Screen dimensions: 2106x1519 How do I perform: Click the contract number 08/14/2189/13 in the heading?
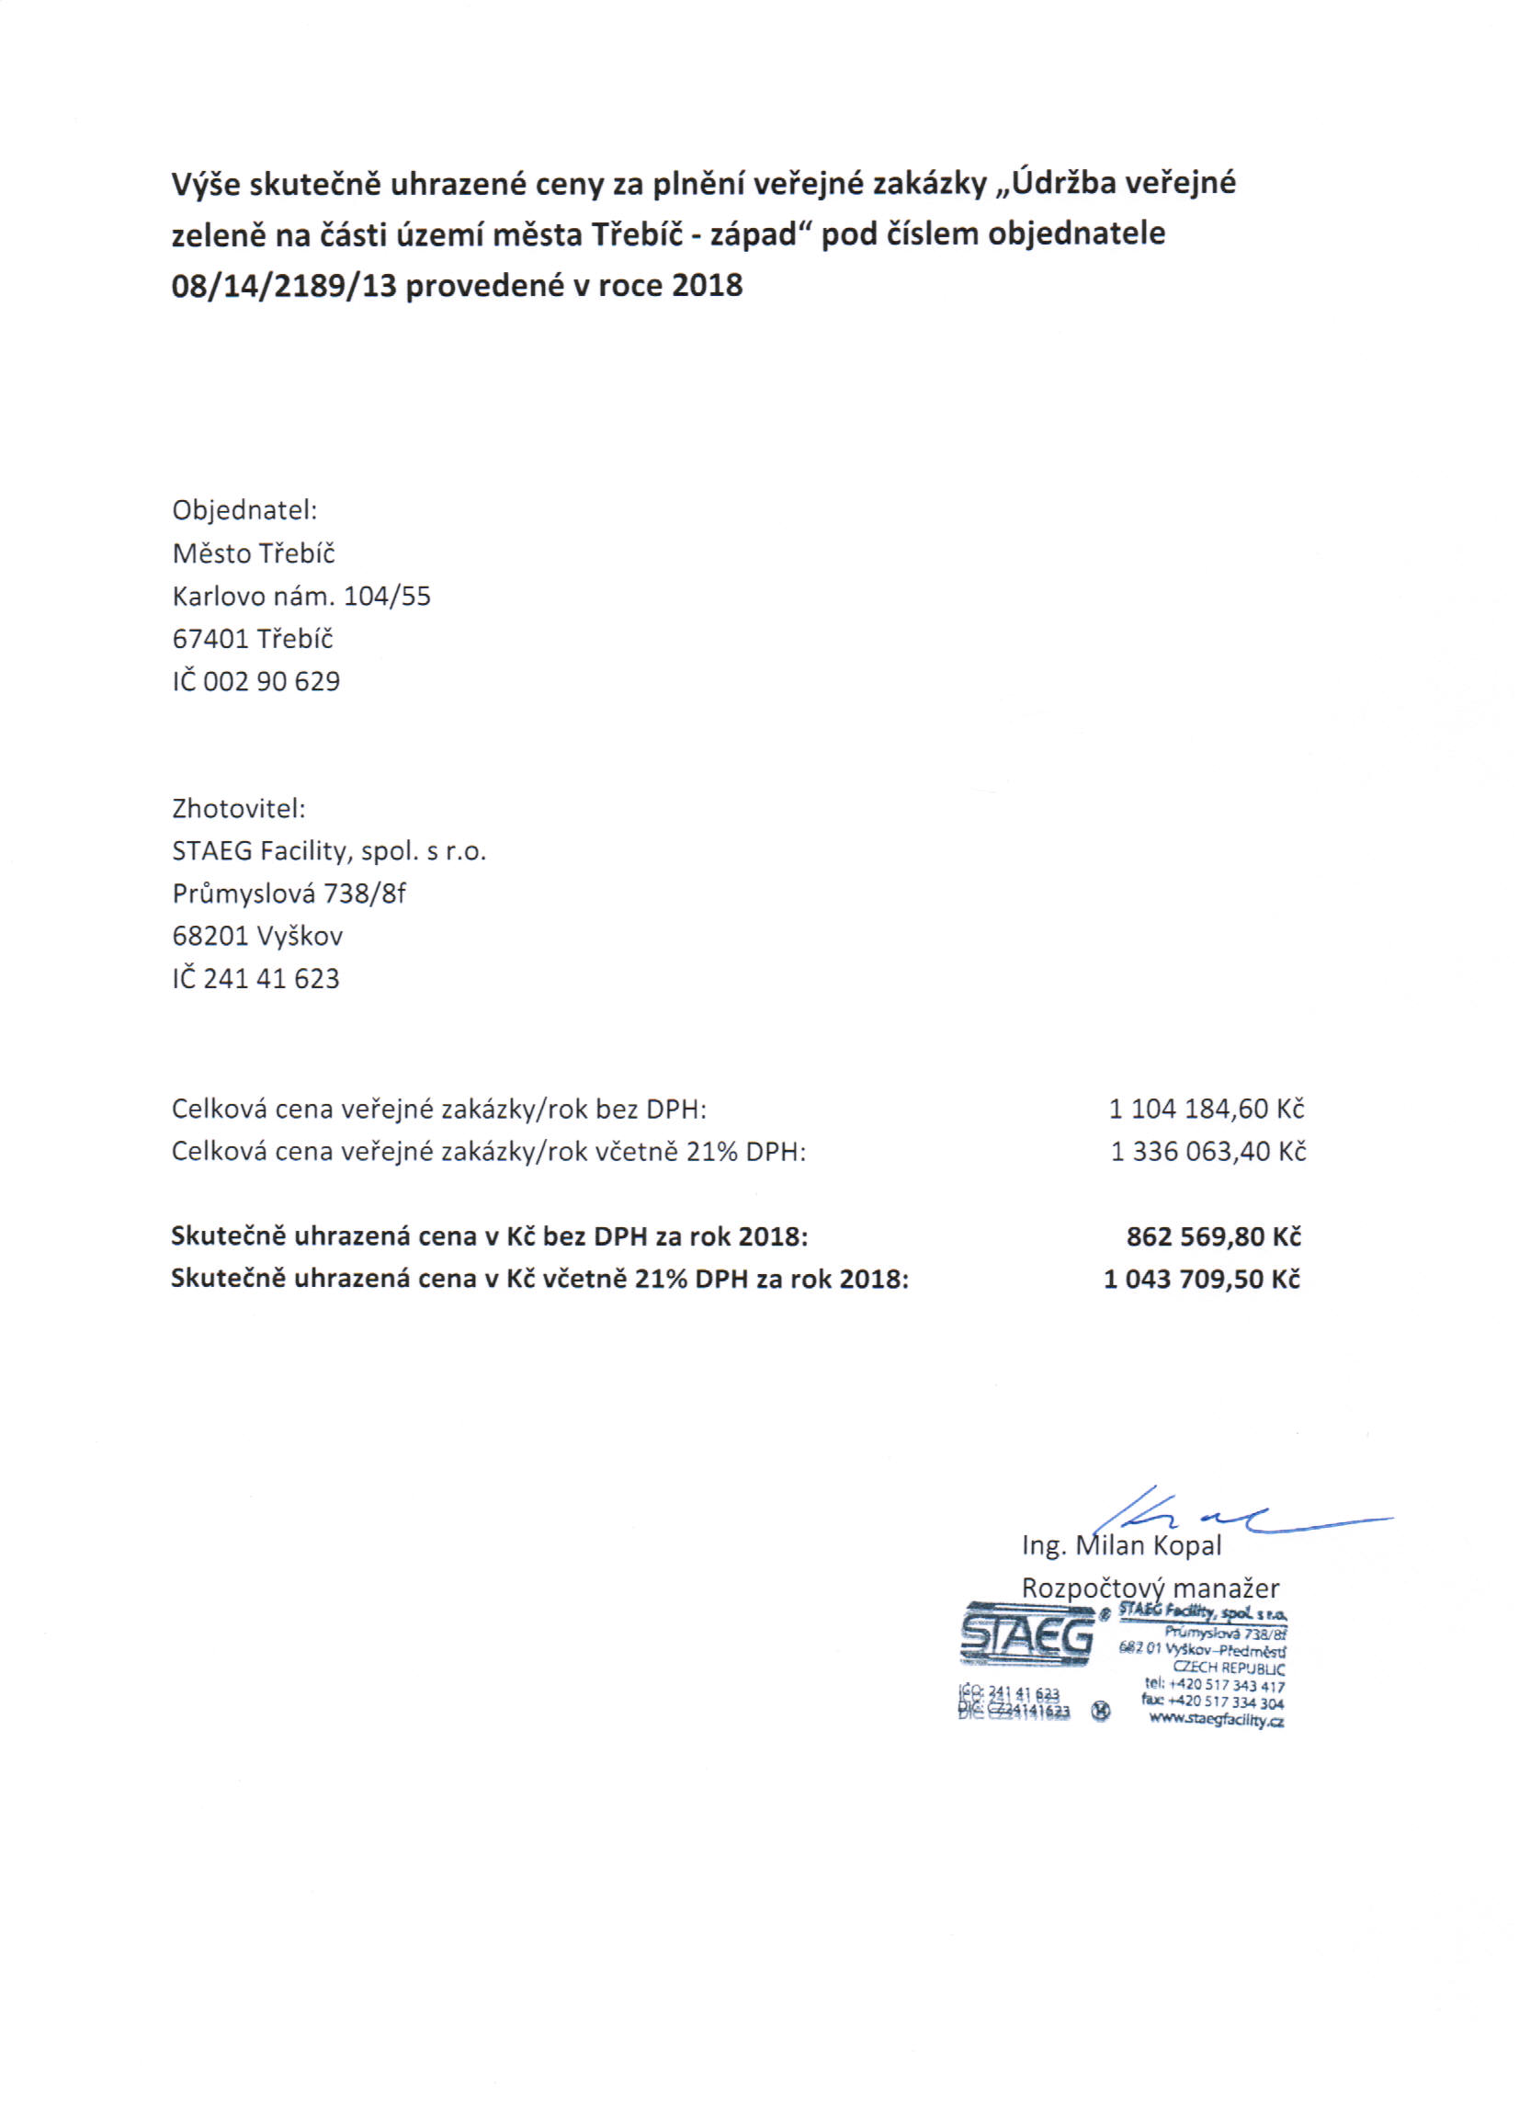283,285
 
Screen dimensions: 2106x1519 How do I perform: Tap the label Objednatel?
244,510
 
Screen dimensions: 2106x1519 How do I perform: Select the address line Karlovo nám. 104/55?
301,596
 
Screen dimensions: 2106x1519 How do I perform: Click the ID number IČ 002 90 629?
256,680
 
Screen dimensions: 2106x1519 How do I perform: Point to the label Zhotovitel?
239,808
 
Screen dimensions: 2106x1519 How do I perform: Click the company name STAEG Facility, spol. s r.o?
329,850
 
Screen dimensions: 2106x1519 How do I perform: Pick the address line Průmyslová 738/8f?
289,894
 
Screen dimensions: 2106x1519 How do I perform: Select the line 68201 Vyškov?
257,935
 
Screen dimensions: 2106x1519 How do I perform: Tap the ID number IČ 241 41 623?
255,978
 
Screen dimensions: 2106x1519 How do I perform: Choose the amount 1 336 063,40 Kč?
1208,1152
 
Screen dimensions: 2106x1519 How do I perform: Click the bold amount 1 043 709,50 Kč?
1201,1279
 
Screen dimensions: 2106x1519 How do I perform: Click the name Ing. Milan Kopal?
1121,1546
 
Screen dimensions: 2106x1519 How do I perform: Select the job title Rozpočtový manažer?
1150,1588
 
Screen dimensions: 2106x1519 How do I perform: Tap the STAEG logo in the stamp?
1026,1636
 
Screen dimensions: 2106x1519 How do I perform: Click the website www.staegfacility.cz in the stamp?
1216,1719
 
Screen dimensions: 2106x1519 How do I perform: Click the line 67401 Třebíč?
252,638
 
